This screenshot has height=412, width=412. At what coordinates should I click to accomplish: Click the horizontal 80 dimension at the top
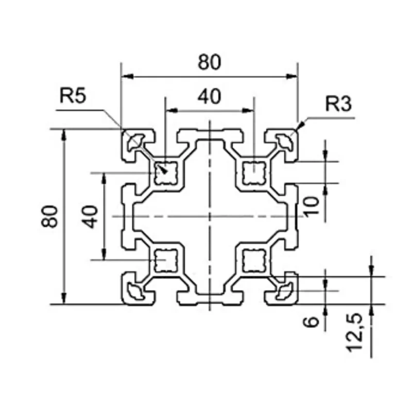tap(210, 62)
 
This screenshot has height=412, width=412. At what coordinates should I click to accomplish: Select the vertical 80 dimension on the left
tap(49, 216)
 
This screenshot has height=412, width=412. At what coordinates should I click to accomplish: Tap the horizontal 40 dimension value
tap(210, 96)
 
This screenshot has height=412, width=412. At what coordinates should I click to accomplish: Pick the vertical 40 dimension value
tap(90, 217)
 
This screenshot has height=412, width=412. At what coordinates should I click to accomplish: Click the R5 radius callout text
tap(73, 95)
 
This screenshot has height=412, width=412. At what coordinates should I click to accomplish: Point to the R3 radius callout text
tap(338, 104)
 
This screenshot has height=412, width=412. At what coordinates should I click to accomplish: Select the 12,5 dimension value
tap(355, 332)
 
